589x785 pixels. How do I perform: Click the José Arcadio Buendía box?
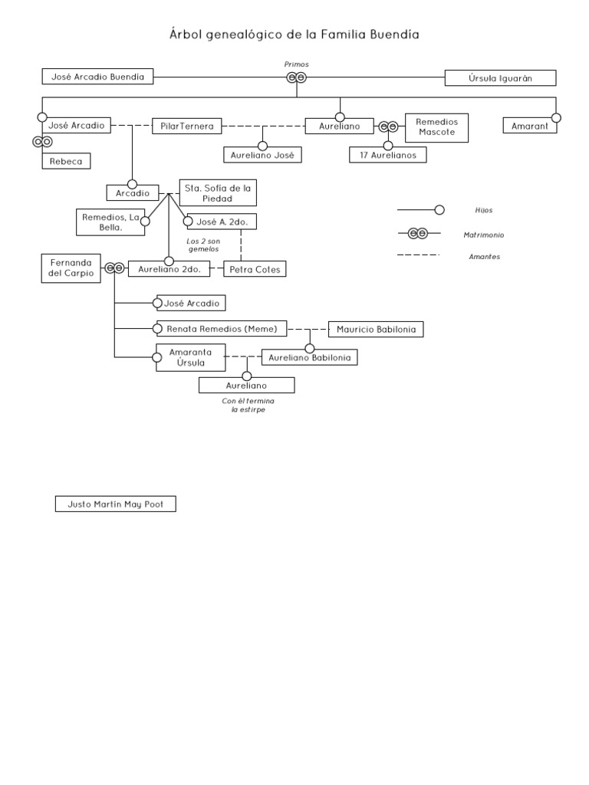97,77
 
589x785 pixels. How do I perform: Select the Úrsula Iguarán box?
500,77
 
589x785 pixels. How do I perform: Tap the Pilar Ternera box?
187,125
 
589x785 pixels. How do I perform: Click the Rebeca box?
66,161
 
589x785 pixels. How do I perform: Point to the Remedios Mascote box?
436,126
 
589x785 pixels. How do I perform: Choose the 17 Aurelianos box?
387,155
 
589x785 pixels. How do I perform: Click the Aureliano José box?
262,155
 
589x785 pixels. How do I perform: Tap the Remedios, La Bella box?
110,222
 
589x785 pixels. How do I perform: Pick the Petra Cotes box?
255,269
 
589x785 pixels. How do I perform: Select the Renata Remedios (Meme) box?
221,329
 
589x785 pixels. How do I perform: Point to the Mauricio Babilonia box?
376,330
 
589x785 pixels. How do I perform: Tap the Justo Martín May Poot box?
116,504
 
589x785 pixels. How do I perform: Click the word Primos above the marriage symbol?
296,64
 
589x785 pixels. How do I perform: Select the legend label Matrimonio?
484,235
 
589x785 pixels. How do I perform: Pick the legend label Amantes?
484,257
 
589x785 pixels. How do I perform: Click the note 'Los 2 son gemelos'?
203,245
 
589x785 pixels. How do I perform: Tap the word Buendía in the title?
391,34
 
